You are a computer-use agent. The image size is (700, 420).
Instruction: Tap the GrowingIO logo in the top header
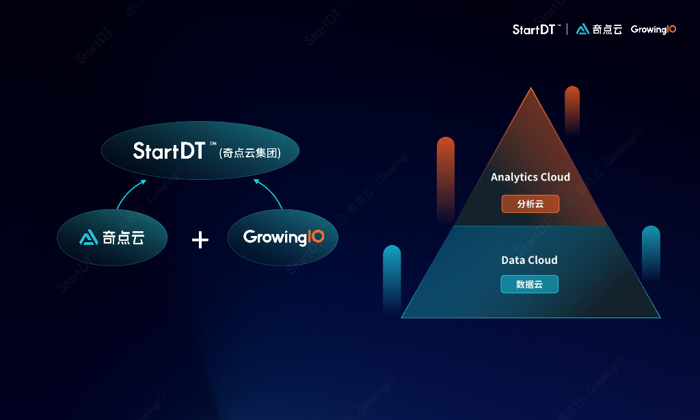(654, 29)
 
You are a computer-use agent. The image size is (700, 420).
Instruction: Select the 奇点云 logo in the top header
(600, 29)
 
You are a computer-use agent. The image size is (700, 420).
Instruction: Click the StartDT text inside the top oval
(169, 150)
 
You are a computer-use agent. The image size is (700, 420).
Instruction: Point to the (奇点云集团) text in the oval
(250, 153)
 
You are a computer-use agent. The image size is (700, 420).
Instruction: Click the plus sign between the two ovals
(200, 239)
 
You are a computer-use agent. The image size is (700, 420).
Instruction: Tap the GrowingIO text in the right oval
(284, 237)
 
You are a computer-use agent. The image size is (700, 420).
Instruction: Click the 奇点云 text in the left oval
(124, 237)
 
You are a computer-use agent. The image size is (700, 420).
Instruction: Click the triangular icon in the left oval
(89, 237)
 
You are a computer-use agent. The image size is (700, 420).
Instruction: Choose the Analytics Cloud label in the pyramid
(530, 177)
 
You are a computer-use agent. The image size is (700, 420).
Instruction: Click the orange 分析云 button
(530, 204)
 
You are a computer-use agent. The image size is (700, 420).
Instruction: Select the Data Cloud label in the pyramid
(529, 260)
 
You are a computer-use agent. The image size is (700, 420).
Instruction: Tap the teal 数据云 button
(529, 284)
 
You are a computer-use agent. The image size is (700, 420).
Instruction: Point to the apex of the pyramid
(530, 89)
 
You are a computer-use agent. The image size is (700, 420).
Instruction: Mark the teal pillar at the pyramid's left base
(392, 277)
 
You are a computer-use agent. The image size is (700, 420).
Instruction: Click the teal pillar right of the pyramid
(651, 252)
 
